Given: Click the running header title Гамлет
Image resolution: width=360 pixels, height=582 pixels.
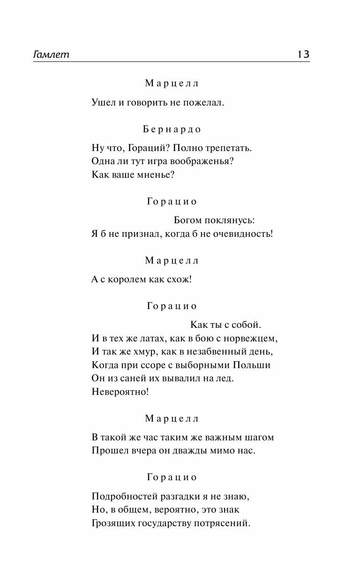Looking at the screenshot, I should click(x=51, y=54).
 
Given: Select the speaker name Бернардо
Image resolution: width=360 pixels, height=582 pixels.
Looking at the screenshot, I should click(x=172, y=129).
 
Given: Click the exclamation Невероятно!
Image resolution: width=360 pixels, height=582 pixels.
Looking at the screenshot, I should click(x=120, y=392).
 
